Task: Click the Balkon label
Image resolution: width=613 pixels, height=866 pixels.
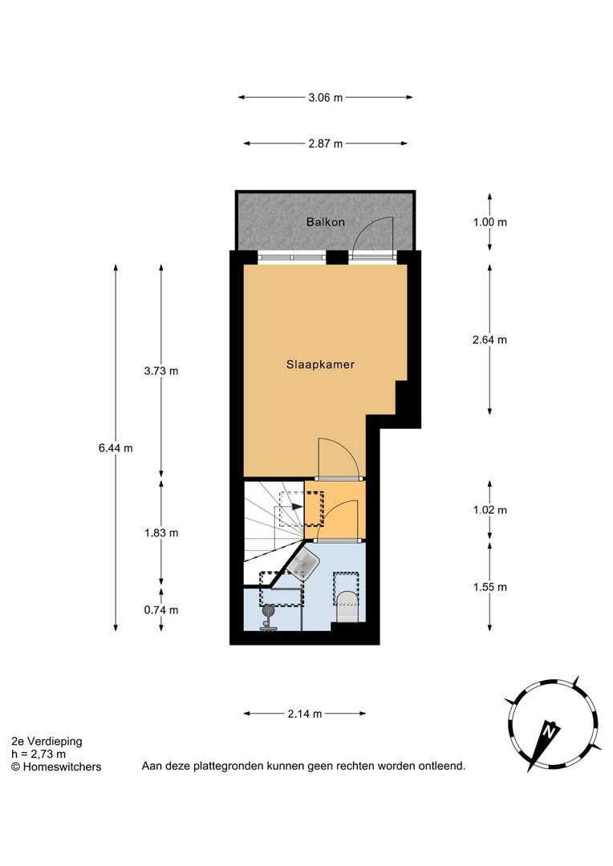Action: (325, 221)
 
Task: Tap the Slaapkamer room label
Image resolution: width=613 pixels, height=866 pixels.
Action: (321, 364)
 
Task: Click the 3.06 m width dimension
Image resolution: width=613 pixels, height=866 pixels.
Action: (326, 98)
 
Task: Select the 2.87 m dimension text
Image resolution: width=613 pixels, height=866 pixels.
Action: (326, 144)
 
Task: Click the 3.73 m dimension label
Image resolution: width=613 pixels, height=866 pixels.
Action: (161, 371)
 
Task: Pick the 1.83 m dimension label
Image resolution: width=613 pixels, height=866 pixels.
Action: (161, 532)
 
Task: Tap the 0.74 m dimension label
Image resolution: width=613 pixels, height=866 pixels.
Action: (161, 610)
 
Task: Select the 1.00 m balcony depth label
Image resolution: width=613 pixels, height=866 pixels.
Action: (490, 222)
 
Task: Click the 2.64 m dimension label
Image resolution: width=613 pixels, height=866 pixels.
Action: (490, 339)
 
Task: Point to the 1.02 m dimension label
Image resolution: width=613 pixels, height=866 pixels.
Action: (490, 510)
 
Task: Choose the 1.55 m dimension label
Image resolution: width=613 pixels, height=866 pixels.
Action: (490, 587)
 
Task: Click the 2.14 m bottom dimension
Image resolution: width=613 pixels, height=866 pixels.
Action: (306, 714)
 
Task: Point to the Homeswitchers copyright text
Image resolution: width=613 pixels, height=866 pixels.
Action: (56, 767)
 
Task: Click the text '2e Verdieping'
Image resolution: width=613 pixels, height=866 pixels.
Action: (47, 742)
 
